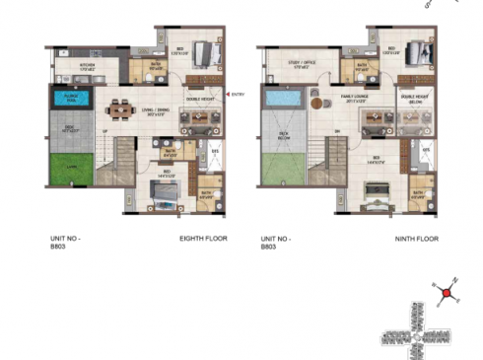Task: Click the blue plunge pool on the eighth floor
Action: tap(70, 98)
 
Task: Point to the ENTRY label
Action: tap(237, 95)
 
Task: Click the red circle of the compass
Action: tap(446, 293)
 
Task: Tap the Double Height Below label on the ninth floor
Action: tap(413, 98)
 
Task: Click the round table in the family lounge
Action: tap(317, 103)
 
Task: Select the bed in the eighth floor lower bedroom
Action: tap(163, 190)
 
